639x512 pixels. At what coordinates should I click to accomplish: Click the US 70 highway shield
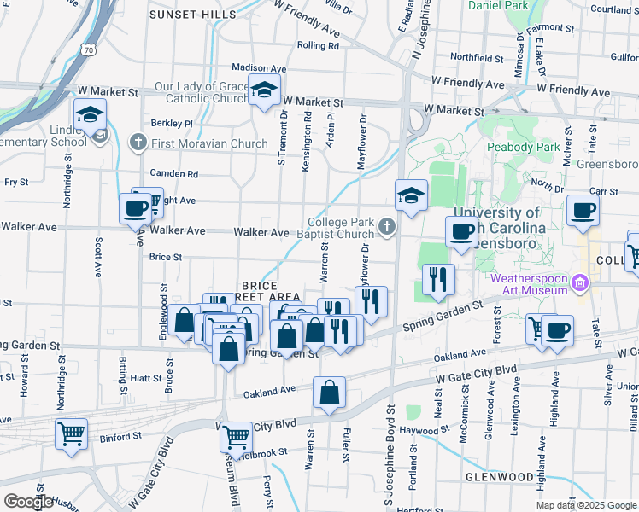90,50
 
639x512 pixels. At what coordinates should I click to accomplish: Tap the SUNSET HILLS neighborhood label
192,15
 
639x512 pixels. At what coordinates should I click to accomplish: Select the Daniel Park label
498,6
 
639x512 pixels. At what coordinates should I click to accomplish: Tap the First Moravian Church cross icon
138,143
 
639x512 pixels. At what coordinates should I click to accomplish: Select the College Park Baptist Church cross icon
387,226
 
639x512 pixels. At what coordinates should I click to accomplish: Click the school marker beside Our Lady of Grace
265,89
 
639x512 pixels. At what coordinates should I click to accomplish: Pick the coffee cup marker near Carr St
583,210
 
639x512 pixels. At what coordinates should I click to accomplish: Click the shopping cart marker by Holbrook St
236,437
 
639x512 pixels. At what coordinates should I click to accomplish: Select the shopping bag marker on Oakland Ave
329,393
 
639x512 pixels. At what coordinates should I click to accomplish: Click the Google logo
28,502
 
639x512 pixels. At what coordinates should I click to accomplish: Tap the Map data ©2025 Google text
586,505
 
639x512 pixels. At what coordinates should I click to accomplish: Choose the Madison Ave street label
259,68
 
